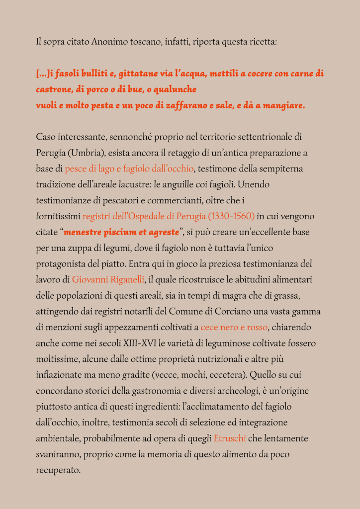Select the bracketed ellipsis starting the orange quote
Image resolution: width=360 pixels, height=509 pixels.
pyautogui.click(x=43, y=74)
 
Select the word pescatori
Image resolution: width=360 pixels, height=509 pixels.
pyautogui.click(x=113, y=200)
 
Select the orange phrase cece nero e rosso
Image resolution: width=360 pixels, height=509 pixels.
pyautogui.click(x=234, y=328)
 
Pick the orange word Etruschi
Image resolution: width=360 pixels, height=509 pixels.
pyautogui.click(x=230, y=439)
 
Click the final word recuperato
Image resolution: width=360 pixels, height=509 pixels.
pyautogui.click(x=58, y=470)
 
